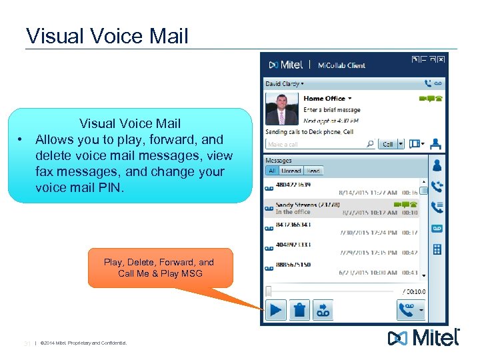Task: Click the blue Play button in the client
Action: (x=276, y=310)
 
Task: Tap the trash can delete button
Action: (x=300, y=310)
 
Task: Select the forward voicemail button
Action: (x=323, y=310)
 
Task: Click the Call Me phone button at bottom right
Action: (x=407, y=310)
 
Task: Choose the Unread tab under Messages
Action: (x=291, y=171)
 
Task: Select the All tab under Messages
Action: (x=272, y=171)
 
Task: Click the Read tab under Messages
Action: (x=313, y=171)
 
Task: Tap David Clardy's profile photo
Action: (x=281, y=108)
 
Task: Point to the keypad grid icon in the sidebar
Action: (x=437, y=249)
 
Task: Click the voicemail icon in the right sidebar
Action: (x=437, y=228)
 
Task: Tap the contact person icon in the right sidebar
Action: (x=437, y=165)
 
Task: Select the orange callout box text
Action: (x=159, y=268)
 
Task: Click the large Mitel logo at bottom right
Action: (x=424, y=338)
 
